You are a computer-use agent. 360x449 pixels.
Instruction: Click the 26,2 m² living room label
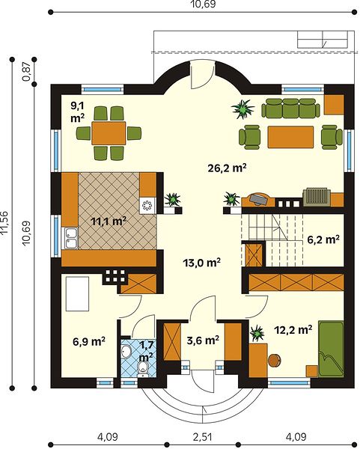227,168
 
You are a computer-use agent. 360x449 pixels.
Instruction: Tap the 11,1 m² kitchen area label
109,221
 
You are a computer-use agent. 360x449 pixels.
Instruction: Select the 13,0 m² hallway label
201,263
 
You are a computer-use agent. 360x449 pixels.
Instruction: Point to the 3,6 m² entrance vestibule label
203,340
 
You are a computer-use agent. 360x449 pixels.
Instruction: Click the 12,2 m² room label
293,330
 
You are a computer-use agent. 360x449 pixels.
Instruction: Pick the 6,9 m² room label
89,341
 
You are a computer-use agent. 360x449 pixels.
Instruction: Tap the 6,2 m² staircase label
323,239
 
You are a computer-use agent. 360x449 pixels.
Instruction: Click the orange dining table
109,133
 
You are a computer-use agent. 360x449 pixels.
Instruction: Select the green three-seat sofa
290,109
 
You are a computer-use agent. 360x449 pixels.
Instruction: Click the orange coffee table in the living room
290,137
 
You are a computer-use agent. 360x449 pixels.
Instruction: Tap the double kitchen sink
70,238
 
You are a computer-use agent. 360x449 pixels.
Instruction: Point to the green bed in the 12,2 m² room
331,349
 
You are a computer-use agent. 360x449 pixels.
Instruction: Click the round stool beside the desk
275,360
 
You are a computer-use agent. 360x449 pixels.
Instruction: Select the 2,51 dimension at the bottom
203,437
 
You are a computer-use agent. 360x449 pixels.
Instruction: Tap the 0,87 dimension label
28,72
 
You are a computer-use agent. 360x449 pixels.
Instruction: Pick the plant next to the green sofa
243,109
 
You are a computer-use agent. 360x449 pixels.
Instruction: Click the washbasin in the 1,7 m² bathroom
126,351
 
